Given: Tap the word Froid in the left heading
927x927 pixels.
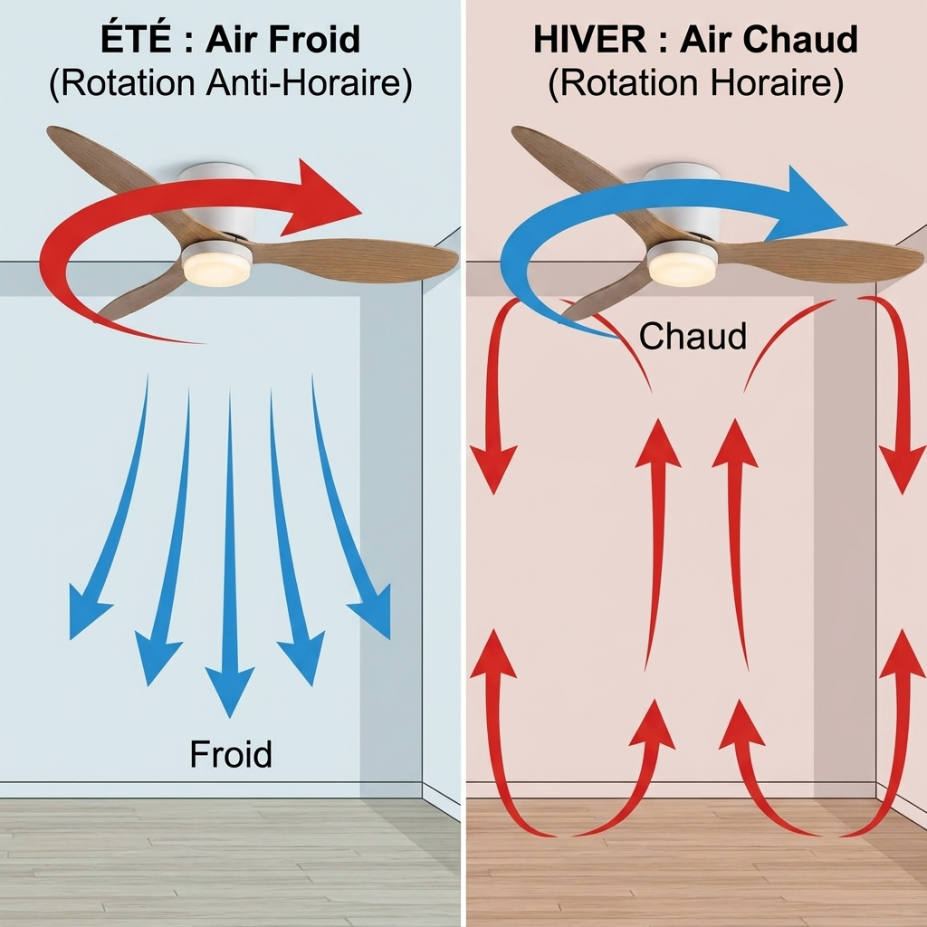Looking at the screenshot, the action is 314,40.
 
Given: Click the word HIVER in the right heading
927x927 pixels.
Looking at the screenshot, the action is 589,40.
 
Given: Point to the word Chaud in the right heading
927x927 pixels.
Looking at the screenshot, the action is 800,40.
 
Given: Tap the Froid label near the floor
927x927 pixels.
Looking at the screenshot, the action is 231,754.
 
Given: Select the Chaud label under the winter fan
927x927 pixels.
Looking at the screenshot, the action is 693,336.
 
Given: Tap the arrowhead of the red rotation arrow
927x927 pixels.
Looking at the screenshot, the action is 322,196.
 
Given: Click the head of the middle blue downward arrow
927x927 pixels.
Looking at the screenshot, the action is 230,689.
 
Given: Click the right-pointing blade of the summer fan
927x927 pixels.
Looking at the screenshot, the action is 355,258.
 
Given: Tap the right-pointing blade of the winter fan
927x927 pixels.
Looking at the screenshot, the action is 822,258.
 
